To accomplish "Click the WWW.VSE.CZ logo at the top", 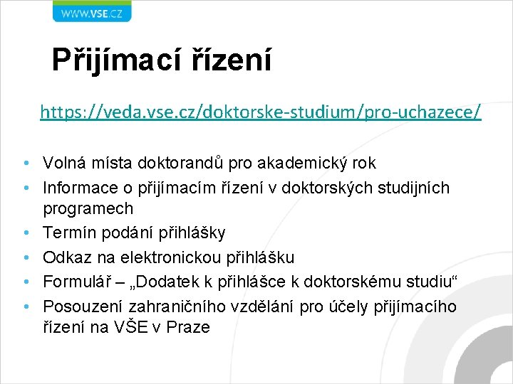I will pos(91,11).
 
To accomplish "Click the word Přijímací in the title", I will pos(118,60).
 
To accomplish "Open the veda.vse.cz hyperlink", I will pos(261,112).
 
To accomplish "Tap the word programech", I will pos(88,209).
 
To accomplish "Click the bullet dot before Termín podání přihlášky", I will pos(25,233).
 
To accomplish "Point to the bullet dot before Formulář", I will pos(25,281).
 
